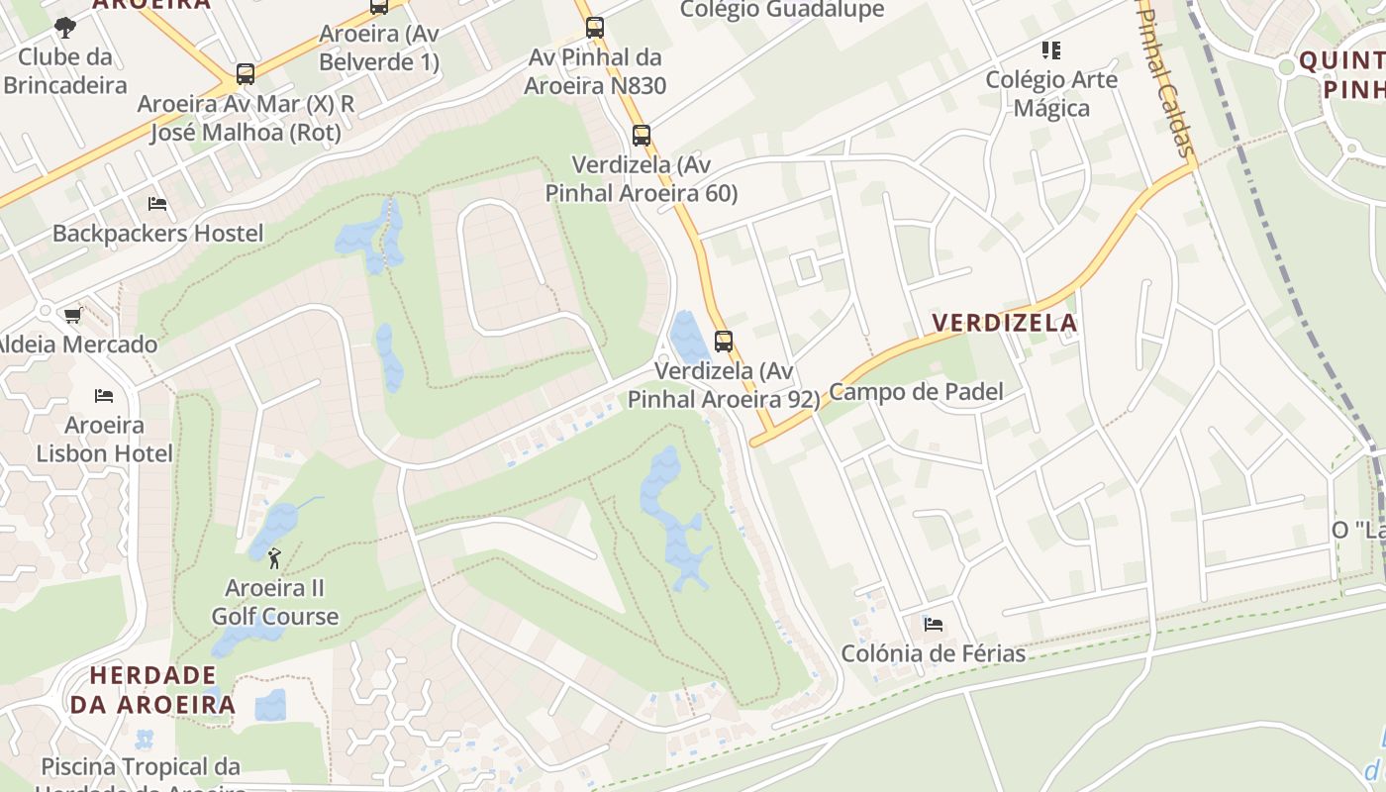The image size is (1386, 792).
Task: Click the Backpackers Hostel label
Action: [158, 234]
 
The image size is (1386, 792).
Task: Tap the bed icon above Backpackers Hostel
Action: [157, 205]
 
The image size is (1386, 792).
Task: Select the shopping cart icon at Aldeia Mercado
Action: [72, 316]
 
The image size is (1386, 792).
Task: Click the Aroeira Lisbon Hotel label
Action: [104, 440]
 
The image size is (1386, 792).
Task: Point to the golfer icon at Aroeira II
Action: [274, 558]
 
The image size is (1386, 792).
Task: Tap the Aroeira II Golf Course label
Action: [274, 602]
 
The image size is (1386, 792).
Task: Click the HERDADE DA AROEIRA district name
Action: [152, 690]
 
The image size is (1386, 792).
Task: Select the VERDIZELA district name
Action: [1005, 323]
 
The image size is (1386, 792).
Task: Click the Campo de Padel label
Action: [916, 391]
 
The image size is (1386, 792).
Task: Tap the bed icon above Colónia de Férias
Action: [933, 625]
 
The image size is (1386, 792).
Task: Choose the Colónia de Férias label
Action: [933, 653]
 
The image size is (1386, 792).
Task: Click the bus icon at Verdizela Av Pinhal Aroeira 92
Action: [724, 342]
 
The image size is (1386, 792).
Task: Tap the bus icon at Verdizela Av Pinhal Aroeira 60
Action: [642, 136]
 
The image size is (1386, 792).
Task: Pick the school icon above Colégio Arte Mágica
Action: [1051, 50]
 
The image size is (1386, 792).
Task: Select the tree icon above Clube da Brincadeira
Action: [65, 27]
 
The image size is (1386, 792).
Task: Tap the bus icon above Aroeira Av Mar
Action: [246, 74]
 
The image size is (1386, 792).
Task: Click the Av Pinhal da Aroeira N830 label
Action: [595, 71]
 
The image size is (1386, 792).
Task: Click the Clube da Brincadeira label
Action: [65, 70]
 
